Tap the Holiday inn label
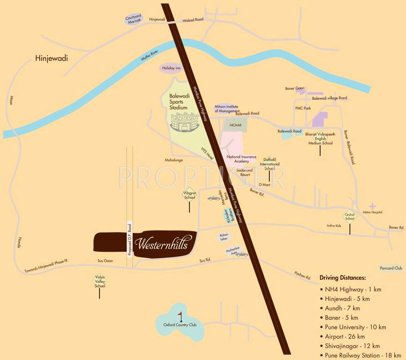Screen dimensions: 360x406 click(171, 68)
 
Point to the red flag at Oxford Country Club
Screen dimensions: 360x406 click(180, 315)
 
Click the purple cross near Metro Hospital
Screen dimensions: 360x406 click(372, 206)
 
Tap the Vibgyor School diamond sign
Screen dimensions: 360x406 click(189, 195)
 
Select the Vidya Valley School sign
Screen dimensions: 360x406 click(99, 281)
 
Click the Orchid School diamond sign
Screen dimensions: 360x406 click(350, 216)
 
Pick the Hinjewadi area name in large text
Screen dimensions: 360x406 click(52, 59)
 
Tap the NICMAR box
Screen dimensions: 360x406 click(235, 125)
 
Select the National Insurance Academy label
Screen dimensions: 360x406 click(241, 159)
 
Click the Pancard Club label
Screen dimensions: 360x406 click(391, 268)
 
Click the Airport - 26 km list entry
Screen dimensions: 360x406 click(345, 337)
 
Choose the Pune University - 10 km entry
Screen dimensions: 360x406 click(355, 327)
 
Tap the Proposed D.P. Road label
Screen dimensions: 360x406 click(130, 239)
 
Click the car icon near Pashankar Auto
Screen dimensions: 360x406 click(242, 255)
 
